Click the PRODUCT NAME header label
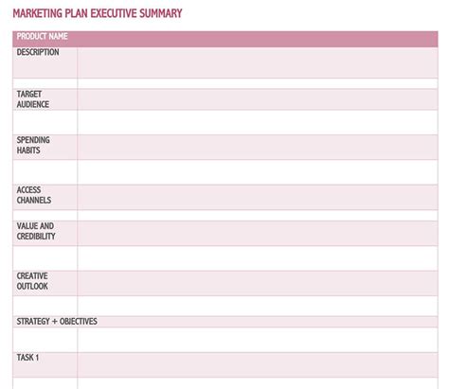click(42, 37)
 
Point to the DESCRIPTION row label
click(38, 53)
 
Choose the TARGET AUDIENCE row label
click(33, 99)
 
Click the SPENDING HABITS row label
click(33, 146)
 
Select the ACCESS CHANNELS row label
click(34, 195)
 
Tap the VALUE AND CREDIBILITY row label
click(36, 232)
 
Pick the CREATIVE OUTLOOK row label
click(32, 281)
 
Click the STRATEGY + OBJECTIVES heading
click(57, 322)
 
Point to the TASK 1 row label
click(27, 358)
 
